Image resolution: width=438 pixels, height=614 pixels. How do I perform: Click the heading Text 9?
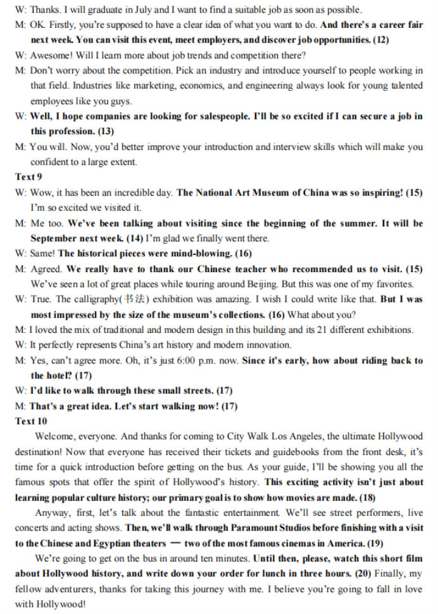click(28, 177)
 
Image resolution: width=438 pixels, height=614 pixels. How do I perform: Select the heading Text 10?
click(31, 421)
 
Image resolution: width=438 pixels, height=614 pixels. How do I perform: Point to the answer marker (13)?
click(106, 131)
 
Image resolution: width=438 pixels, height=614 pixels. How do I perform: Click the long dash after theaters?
click(173, 542)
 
